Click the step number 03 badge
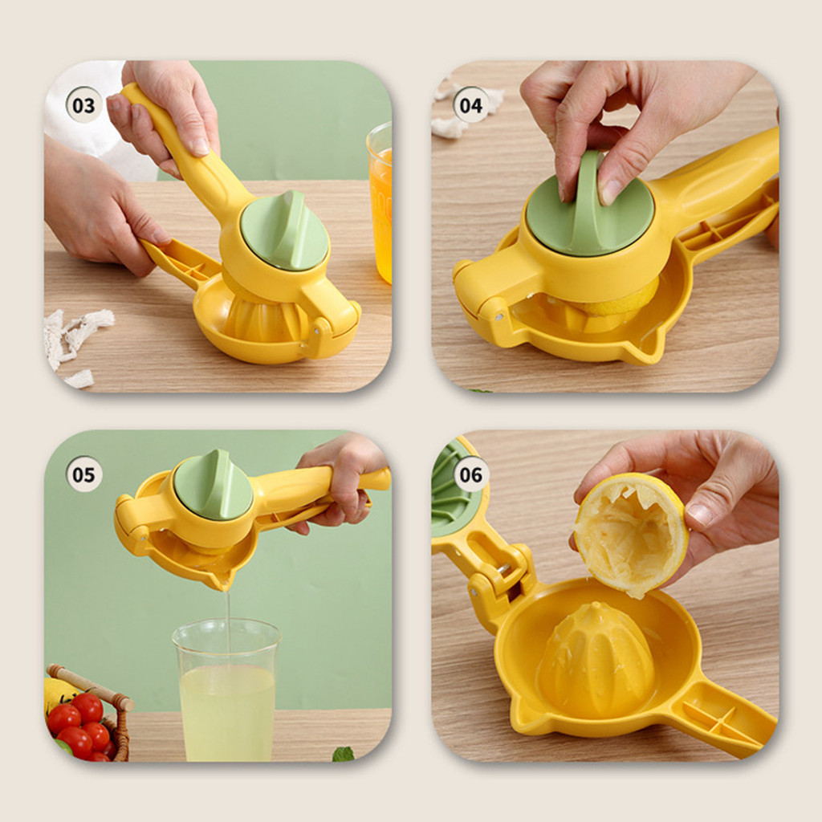[83, 105]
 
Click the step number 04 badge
[470, 105]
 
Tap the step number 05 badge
[83, 474]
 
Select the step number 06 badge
[470, 474]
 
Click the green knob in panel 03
[285, 230]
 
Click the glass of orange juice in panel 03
[380, 201]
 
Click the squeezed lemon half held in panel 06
[631, 534]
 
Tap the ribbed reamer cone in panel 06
[596, 661]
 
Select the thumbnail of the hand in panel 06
[698, 514]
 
